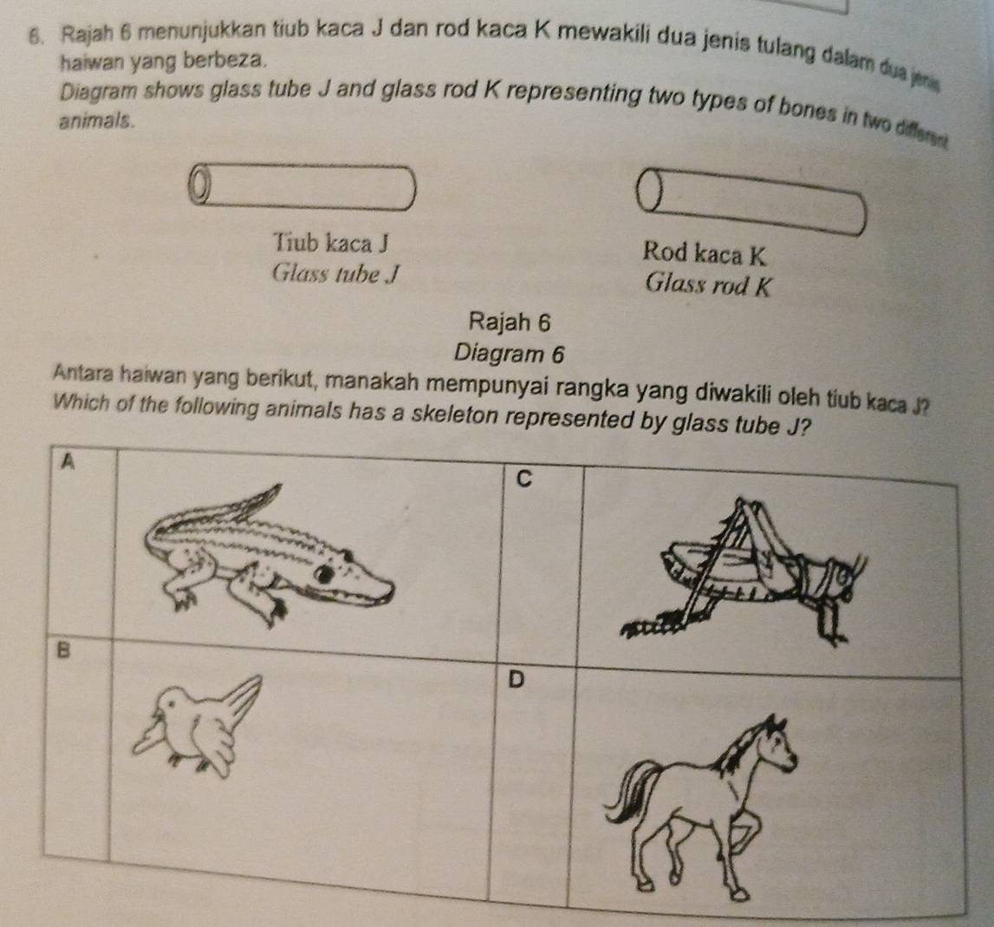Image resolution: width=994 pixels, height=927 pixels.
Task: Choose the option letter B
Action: pyautogui.click(x=62, y=650)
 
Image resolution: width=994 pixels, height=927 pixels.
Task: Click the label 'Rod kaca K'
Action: pyautogui.click(x=705, y=254)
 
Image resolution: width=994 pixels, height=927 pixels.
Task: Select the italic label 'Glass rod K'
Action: pyautogui.click(x=707, y=284)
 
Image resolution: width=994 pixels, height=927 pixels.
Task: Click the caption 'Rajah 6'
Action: pyautogui.click(x=509, y=322)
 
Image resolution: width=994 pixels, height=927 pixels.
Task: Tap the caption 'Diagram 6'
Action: pyautogui.click(x=509, y=354)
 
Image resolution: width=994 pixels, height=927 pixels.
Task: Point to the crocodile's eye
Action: pyautogui.click(x=326, y=573)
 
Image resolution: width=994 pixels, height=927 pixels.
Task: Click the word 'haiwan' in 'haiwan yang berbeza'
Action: pyautogui.click(x=89, y=62)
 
